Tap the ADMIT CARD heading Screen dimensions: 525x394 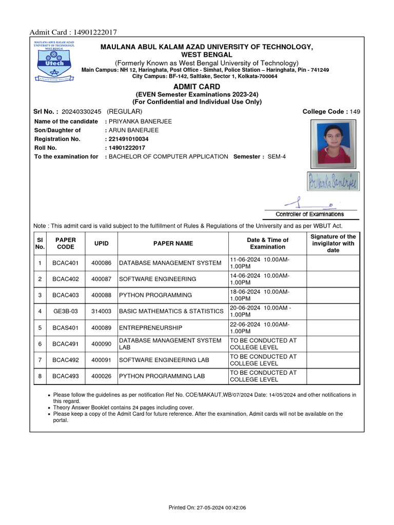pos(197,87)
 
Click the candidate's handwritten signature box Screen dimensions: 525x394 pos(333,181)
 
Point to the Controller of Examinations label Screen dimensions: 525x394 pos(310,214)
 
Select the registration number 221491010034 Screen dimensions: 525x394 pos(128,139)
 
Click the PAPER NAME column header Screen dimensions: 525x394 pos(173,244)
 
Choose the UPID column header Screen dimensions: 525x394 pos(101,244)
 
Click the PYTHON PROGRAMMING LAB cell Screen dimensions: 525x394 pos(162,376)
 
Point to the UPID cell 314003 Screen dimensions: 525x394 pos(101,311)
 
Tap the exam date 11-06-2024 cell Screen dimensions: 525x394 pos(267,263)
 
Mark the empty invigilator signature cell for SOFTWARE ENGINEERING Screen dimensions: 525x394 pos(333,279)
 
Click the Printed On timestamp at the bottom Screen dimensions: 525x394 pos(207,508)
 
